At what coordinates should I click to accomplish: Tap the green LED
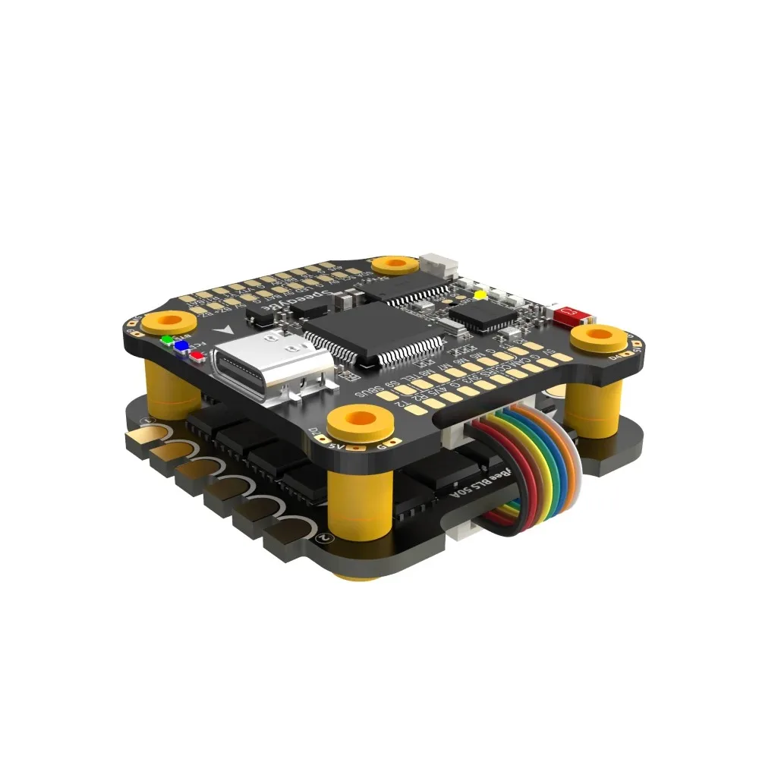click(166, 339)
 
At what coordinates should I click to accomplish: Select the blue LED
click(181, 345)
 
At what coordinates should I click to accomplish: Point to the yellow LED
click(479, 294)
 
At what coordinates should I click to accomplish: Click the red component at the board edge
click(566, 313)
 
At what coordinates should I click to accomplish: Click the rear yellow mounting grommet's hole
click(394, 263)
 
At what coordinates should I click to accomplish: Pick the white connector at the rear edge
click(439, 265)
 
